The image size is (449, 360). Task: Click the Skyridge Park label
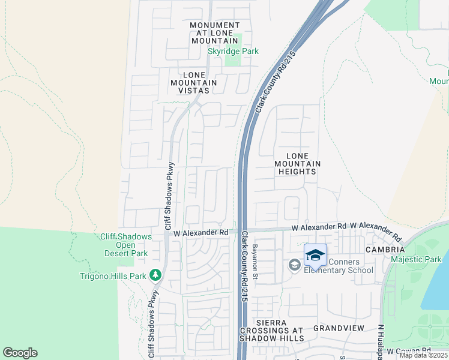(233, 52)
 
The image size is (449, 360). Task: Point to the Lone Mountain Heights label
(297, 163)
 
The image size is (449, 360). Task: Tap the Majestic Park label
(415, 260)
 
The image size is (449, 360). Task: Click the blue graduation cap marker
(315, 255)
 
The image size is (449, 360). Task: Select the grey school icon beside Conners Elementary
(294, 265)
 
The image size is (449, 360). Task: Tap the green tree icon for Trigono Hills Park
(155, 275)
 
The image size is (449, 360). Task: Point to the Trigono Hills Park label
(113, 277)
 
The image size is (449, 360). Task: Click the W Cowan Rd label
(408, 351)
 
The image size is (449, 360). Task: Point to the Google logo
(20, 353)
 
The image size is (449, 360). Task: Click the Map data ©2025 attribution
(423, 355)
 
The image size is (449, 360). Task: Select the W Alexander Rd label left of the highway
(201, 232)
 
